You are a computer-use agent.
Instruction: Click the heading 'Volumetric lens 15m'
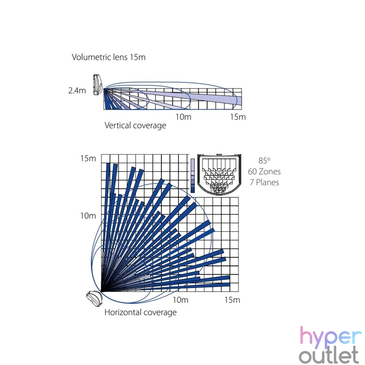click(x=109, y=57)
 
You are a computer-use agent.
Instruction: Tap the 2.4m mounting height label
click(x=77, y=90)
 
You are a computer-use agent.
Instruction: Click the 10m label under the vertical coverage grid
click(x=183, y=117)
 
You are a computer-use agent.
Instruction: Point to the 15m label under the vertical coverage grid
click(x=238, y=117)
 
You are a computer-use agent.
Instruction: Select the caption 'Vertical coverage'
click(x=135, y=125)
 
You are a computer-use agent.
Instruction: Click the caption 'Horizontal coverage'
click(x=141, y=313)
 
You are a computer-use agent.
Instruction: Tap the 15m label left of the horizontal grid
click(x=88, y=158)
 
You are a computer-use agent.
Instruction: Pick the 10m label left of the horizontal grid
click(x=88, y=216)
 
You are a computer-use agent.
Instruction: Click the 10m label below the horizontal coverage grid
click(x=180, y=300)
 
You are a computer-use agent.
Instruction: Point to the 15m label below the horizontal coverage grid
click(x=232, y=300)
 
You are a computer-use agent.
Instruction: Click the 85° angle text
click(x=264, y=161)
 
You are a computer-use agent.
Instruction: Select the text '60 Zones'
click(x=264, y=172)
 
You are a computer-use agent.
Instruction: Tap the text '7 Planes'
click(x=264, y=182)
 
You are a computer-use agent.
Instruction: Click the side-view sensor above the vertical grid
click(x=98, y=85)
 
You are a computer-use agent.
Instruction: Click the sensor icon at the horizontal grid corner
click(x=94, y=298)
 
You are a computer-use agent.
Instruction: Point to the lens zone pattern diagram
click(x=219, y=174)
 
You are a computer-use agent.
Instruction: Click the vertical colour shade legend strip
click(x=193, y=176)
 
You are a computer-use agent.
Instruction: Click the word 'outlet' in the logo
click(x=328, y=355)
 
